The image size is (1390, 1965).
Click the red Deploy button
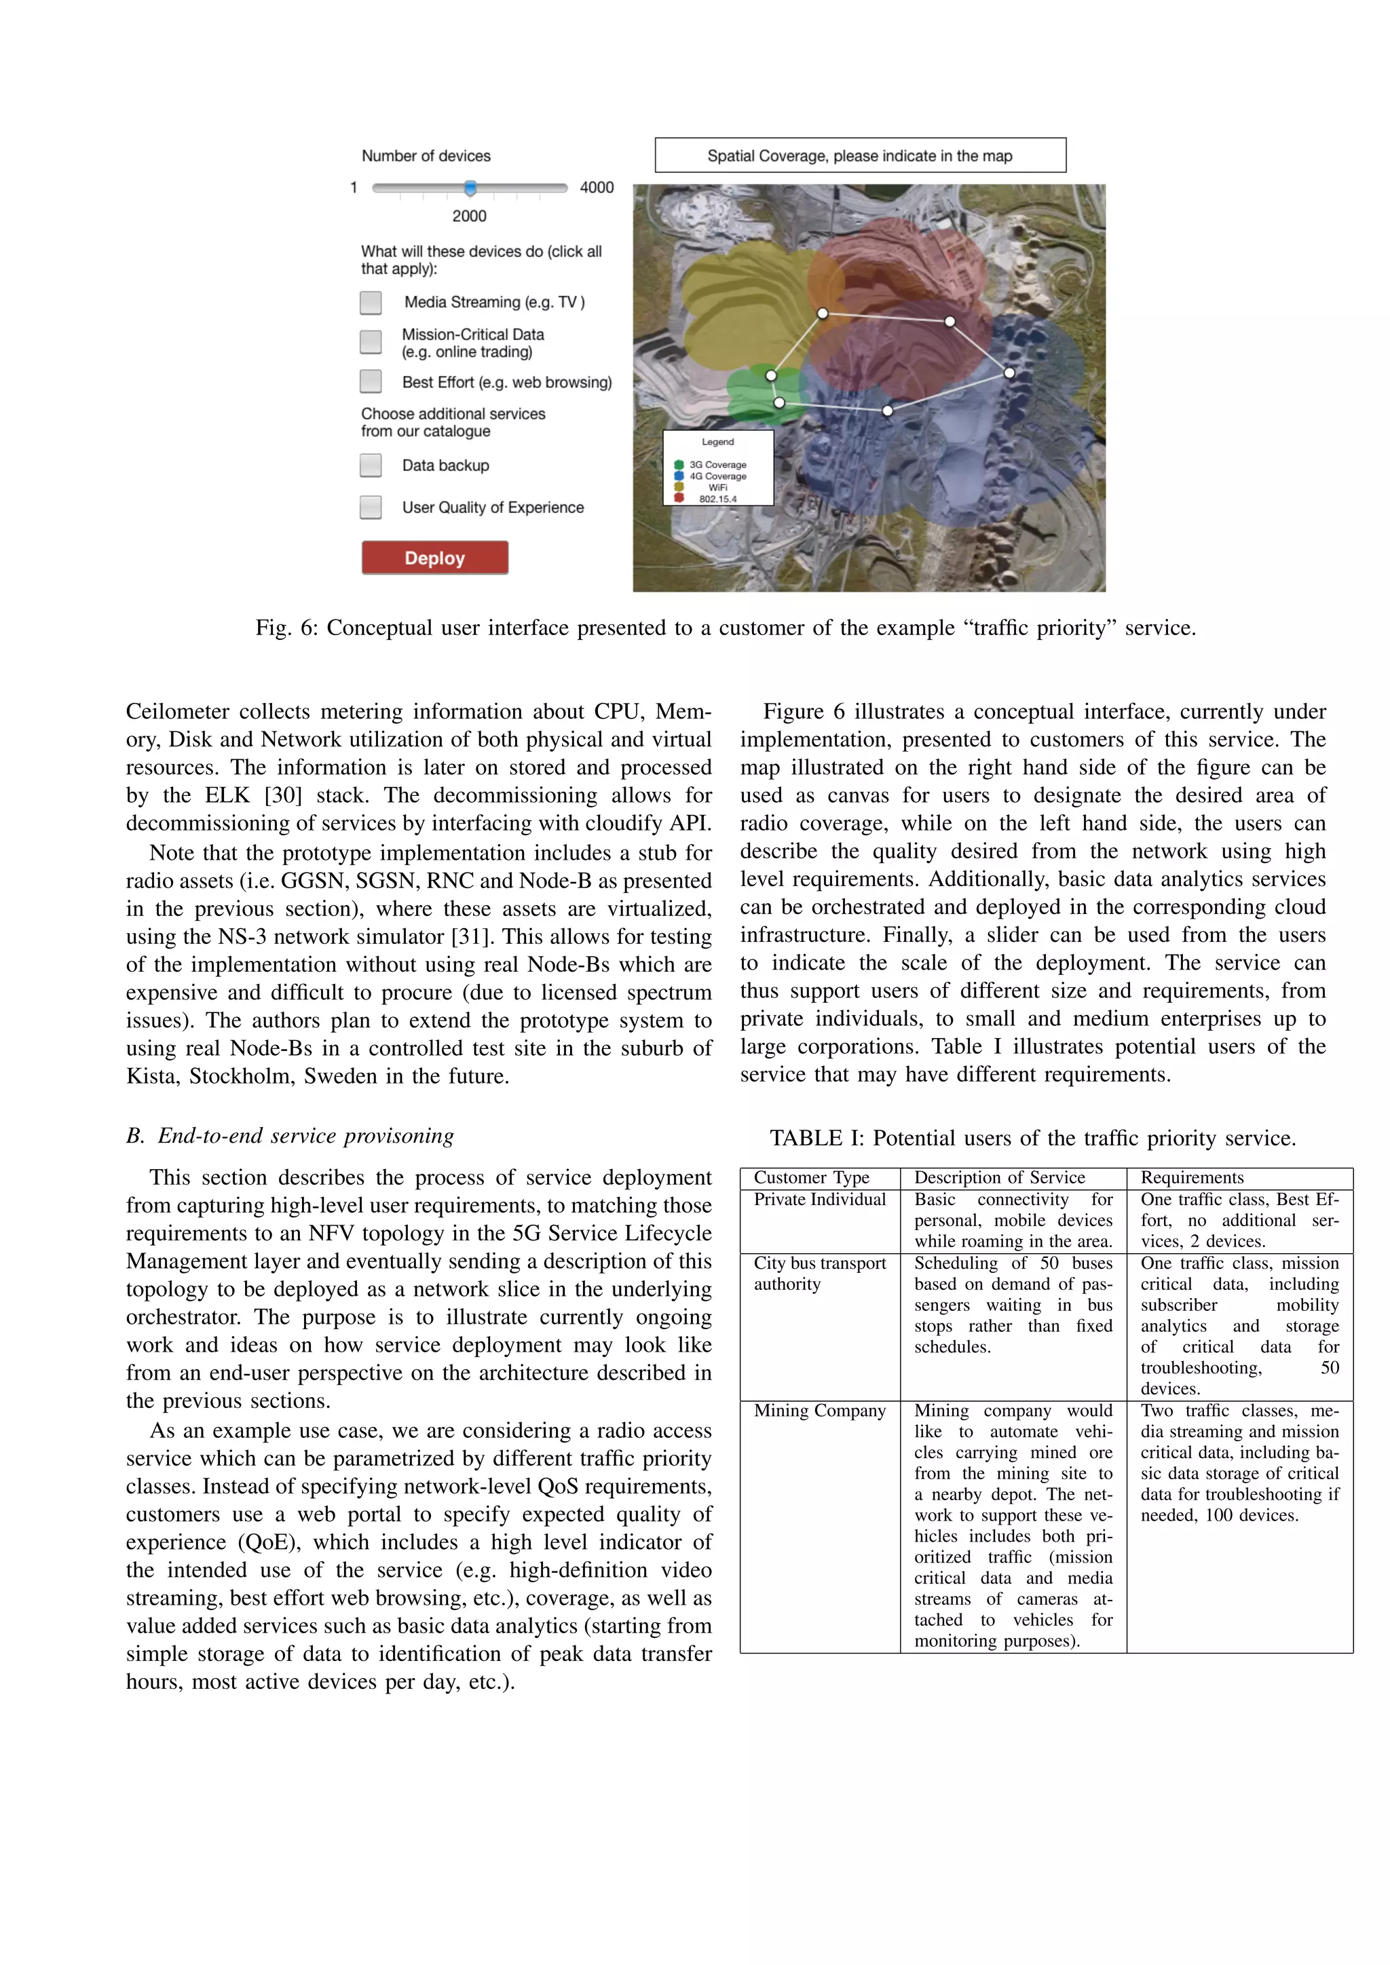pyautogui.click(x=435, y=557)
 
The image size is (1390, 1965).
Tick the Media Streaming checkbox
pyautogui.click(x=371, y=302)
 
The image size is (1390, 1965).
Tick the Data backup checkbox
pyautogui.click(x=371, y=465)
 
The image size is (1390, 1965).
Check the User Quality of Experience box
pyautogui.click(x=371, y=507)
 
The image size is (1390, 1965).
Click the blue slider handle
pyautogui.click(x=470, y=188)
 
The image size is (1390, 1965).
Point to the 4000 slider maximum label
pyautogui.click(x=597, y=187)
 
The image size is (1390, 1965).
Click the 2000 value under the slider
pyautogui.click(x=469, y=216)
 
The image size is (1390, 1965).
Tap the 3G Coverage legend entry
pyautogui.click(x=717, y=465)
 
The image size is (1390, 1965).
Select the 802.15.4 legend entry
pyautogui.click(x=717, y=499)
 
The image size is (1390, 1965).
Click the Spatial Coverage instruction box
pyautogui.click(x=860, y=156)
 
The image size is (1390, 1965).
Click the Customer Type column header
pyautogui.click(x=812, y=1178)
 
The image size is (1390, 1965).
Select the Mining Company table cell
pyautogui.click(x=819, y=1411)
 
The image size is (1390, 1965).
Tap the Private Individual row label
pyautogui.click(x=819, y=1200)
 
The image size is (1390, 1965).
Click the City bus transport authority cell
pyautogui.click(x=819, y=1274)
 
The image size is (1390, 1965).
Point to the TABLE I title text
pyautogui.click(x=1032, y=1139)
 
